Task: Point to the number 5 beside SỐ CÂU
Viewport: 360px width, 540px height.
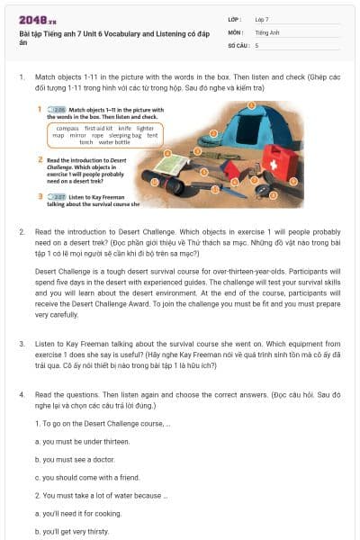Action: (x=256, y=44)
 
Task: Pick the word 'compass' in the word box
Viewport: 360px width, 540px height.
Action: (x=68, y=129)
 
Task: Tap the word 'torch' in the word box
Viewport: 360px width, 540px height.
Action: (x=86, y=142)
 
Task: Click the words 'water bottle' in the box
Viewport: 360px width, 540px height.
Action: (x=114, y=142)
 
